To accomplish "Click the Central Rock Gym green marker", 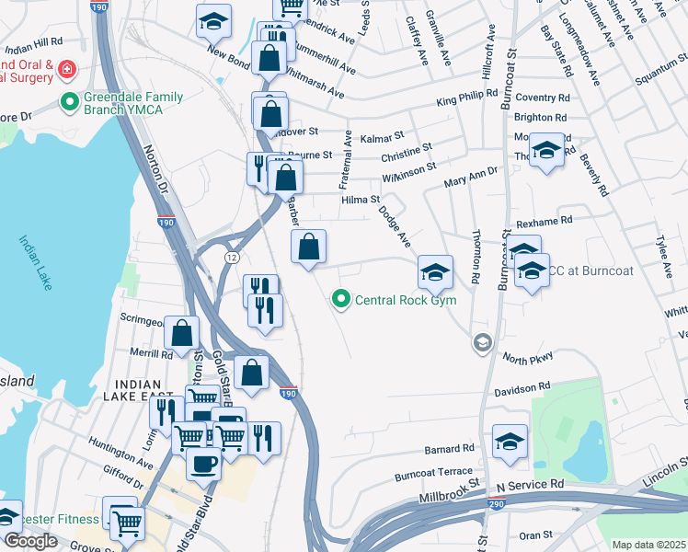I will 342,299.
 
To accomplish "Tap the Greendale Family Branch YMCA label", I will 134,103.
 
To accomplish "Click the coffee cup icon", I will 203,464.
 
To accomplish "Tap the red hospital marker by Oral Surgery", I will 67,70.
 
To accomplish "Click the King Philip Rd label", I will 466,97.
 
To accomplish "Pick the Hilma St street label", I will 361,199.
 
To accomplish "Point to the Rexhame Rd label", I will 545,221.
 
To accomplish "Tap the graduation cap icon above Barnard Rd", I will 510,442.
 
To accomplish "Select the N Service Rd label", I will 529,484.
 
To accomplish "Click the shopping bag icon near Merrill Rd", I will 183,334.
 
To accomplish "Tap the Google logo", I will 30,541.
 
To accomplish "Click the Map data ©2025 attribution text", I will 648,545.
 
